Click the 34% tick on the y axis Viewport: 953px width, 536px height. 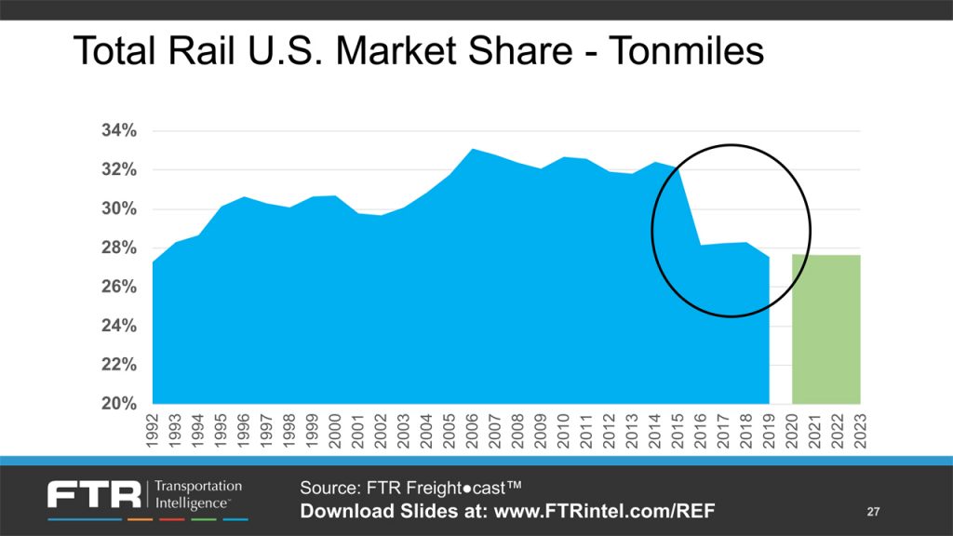119,131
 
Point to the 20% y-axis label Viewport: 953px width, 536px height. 119,404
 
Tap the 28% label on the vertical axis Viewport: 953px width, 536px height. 119,248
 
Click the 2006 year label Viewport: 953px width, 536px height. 472,432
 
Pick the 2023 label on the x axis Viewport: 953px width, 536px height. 859,432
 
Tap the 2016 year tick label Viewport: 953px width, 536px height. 700,432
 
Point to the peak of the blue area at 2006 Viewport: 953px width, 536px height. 472,150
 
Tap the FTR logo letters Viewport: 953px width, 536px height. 93,494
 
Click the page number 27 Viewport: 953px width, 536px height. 873,512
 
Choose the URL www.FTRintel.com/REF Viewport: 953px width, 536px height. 604,512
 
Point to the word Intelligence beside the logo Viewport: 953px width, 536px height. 194,503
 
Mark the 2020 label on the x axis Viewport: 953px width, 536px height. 791,432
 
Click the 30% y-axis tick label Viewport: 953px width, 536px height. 119,209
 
